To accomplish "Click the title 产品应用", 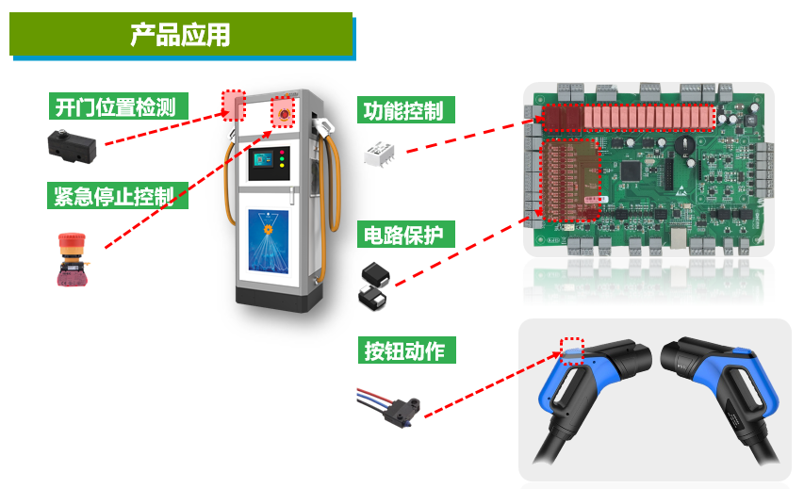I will tap(180, 36).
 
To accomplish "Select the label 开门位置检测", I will tap(116, 106).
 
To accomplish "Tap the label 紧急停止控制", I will tap(114, 196).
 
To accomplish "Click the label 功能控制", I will tap(402, 110).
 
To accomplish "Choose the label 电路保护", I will tap(402, 235).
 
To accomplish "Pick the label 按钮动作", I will tap(403, 350).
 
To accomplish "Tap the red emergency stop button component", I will tap(73, 257).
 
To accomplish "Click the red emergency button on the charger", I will tap(282, 112).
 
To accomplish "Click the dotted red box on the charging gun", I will tap(572, 351).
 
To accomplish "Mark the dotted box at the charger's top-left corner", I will tap(233, 105).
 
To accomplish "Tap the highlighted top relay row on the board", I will tap(628, 118).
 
